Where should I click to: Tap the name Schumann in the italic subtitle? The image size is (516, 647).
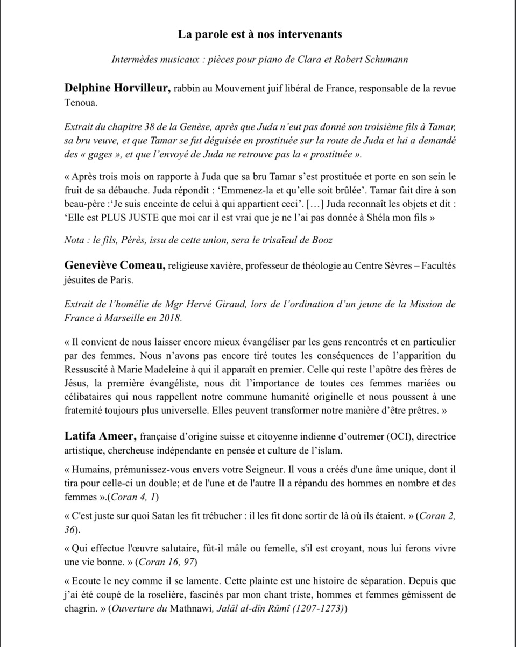pos(386,60)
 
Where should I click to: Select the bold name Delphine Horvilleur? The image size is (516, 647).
pos(117,88)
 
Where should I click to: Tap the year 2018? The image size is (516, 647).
pos(169,318)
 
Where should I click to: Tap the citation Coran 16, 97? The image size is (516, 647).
pos(166,563)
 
